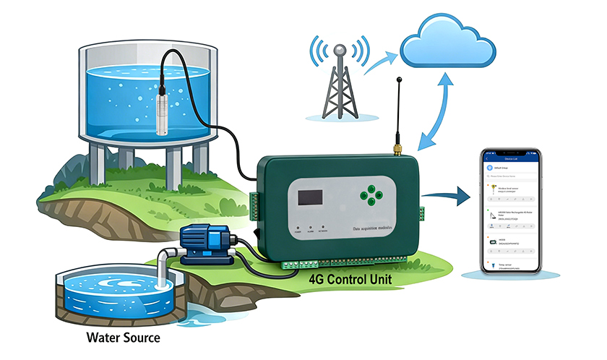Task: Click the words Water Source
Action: click(123, 338)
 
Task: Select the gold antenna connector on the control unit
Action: click(397, 150)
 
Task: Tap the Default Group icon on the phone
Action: click(489, 166)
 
